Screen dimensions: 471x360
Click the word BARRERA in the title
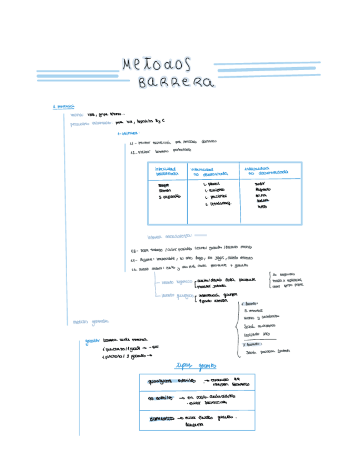[x=176, y=83]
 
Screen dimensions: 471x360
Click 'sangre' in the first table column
[x=163, y=184]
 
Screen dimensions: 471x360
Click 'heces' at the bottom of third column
[x=262, y=208]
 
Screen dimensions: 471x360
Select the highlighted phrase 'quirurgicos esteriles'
[x=172, y=382]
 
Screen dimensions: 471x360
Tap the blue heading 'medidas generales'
[x=91, y=321]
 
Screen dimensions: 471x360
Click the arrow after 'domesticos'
[x=181, y=418]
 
